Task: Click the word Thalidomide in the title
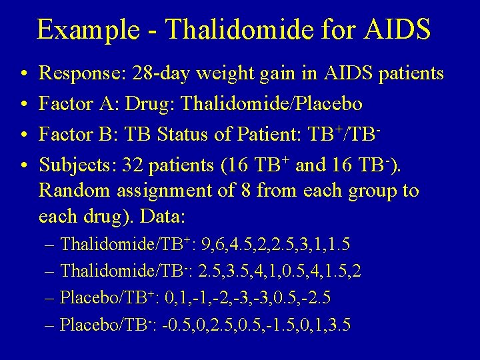(x=229, y=30)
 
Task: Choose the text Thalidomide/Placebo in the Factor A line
(x=273, y=104)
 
